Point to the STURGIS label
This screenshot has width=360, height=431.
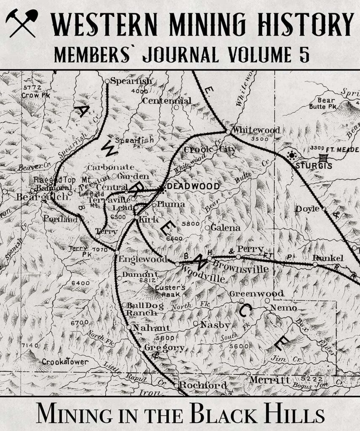313,166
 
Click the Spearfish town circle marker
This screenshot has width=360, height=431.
107,81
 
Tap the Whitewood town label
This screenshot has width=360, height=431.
256,130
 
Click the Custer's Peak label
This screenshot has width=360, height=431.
168,291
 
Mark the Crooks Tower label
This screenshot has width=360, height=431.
65,362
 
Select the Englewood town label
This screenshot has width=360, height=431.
143,259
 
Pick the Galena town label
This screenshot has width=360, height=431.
226,228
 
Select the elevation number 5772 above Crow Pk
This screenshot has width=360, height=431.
32,87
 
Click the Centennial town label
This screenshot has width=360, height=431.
167,101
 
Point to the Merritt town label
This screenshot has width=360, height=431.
270,380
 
